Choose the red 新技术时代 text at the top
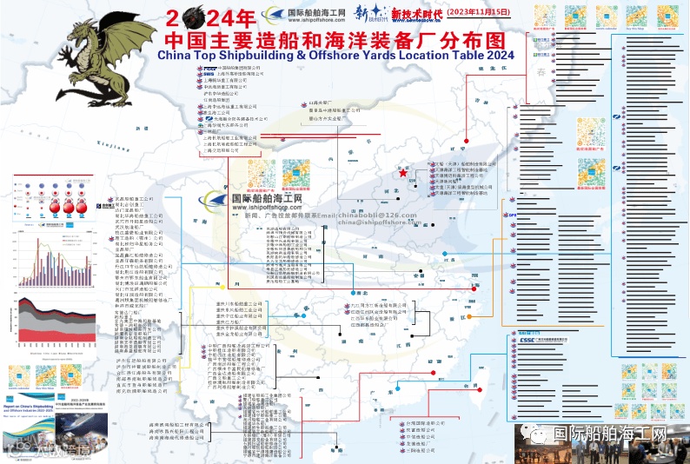point(417,15)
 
